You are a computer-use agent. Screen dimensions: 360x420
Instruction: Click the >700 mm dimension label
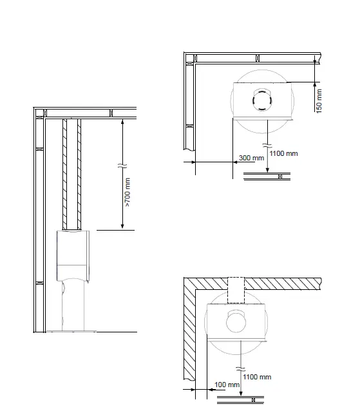point(128,192)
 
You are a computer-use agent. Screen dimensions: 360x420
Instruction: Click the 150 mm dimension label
point(319,101)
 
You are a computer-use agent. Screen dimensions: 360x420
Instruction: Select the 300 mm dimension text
point(251,158)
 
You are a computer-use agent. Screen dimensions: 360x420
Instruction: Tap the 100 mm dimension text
point(227,385)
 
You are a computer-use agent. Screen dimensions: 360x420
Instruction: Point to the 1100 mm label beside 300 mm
point(283,153)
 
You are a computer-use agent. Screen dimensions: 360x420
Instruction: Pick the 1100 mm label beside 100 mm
point(257,377)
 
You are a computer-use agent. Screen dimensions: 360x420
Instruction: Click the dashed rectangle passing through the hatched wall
point(236,290)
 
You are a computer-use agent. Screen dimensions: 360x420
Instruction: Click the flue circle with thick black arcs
point(262,100)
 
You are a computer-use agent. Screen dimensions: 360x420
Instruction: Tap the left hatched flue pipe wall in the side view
point(64,174)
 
